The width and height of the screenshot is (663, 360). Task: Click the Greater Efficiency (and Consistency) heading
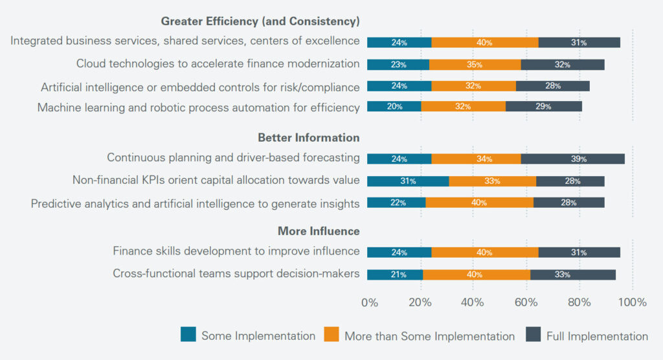[260, 21]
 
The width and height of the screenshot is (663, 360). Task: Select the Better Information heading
[308, 137]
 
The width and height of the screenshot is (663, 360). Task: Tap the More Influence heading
[319, 231]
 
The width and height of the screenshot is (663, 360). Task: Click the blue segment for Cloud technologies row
[398, 65]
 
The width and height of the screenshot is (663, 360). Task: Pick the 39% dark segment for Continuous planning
[572, 159]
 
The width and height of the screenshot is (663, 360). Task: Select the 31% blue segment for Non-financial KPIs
[408, 181]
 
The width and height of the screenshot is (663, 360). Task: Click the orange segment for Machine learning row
[462, 107]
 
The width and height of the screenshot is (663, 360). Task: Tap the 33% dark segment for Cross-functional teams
[572, 275]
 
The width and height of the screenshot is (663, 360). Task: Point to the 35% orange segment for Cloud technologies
[475, 65]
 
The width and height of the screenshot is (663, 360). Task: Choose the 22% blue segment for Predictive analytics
[396, 203]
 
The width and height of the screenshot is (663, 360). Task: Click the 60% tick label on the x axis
[526, 302]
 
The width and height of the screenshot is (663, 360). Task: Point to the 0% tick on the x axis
[369, 302]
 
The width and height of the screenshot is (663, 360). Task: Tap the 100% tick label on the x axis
[632, 302]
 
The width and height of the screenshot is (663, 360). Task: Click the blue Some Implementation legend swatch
[188, 335]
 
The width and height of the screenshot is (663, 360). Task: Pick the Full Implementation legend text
[597, 336]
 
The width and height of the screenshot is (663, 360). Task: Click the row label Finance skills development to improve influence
[236, 251]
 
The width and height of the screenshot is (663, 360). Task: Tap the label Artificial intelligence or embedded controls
[200, 87]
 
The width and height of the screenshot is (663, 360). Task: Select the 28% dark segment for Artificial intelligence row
[552, 85]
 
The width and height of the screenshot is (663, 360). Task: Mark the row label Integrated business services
[185, 41]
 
